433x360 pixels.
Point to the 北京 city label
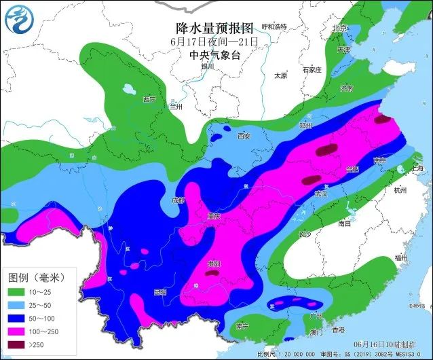point(339,28)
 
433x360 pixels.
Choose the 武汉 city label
point(321,194)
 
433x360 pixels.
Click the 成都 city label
point(178,200)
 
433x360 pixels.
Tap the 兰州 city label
point(176,106)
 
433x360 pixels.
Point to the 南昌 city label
point(344,223)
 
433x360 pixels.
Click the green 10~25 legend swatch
point(16,293)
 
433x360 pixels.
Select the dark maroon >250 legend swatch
point(16,344)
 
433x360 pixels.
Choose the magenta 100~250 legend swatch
point(16,331)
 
